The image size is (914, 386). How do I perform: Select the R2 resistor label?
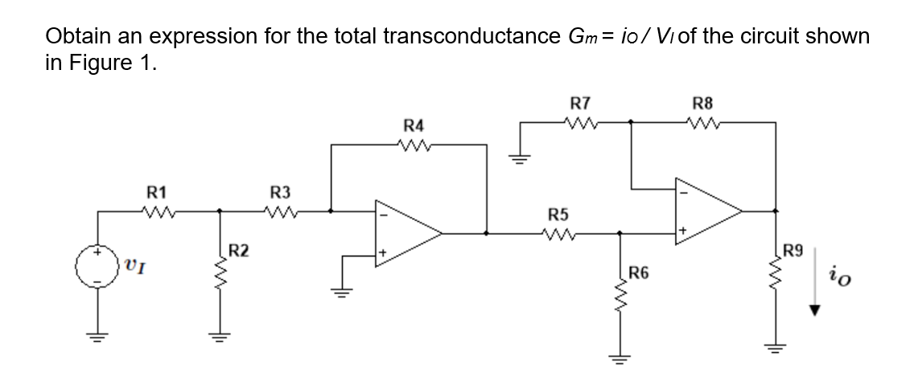click(x=238, y=250)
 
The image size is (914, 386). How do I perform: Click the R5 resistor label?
click(x=556, y=215)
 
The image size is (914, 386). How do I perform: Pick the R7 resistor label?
click(x=579, y=104)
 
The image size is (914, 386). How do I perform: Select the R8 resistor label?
click(x=702, y=104)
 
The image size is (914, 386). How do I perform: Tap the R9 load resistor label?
click(x=793, y=251)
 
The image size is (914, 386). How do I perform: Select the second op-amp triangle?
click(x=708, y=212)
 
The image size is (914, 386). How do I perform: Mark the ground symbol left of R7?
click(x=520, y=158)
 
